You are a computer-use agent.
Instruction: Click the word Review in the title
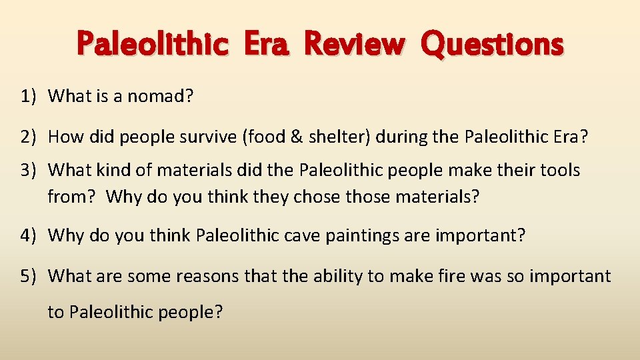354,45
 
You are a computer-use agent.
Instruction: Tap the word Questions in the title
493,45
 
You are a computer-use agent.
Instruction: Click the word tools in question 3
563,170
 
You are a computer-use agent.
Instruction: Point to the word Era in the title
269,45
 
